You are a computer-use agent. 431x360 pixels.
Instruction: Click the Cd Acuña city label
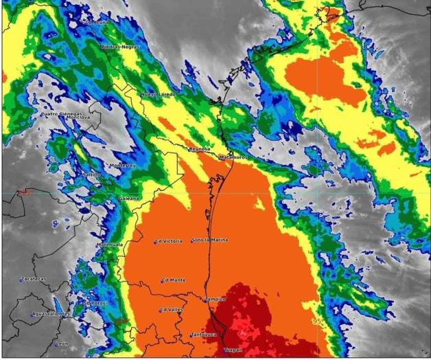(96, 22)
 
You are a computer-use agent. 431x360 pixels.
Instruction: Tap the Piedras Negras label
(117, 47)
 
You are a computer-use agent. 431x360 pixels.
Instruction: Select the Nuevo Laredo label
(159, 93)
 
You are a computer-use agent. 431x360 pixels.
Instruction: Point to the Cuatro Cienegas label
(62, 113)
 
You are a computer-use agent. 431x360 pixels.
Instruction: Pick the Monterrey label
(124, 166)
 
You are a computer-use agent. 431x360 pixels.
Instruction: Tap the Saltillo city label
(91, 175)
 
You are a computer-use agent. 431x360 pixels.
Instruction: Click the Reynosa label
(199, 148)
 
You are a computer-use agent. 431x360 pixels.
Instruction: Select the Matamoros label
(233, 157)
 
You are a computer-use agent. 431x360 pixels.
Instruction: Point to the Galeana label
(128, 198)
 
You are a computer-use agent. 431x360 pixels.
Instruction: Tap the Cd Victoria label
(169, 241)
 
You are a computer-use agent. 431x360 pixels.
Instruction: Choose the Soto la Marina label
(210, 240)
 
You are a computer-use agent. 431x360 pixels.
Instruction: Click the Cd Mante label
(174, 280)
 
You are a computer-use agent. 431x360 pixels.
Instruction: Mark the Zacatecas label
(34, 279)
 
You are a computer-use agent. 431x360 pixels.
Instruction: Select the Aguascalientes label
(51, 314)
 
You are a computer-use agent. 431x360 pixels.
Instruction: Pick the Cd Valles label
(172, 310)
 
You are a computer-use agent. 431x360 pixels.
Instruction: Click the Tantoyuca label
(204, 335)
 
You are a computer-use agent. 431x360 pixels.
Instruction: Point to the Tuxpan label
(233, 350)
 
